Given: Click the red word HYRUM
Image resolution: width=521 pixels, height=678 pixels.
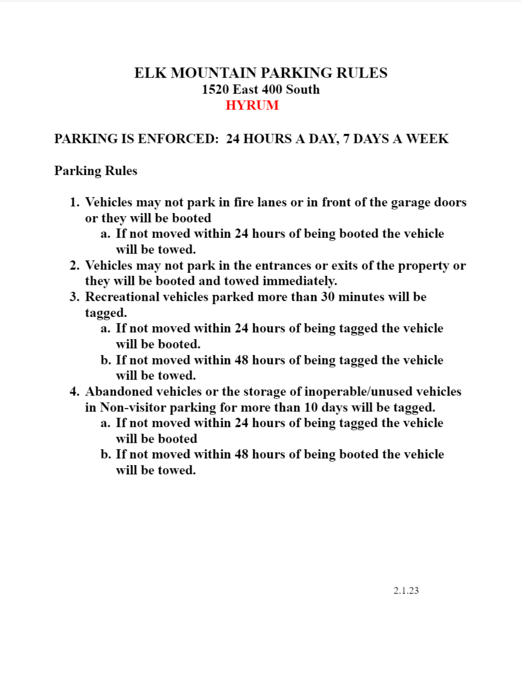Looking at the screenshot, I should click(252, 105).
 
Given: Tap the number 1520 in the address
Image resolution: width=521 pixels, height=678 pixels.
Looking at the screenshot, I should click(215, 90).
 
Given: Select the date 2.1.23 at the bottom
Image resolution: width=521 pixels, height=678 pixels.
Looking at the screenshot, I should click(406, 591).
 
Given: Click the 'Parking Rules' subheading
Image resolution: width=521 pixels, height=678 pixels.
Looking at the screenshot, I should click(96, 171).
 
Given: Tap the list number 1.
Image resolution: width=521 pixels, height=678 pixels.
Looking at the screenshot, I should click(75, 202).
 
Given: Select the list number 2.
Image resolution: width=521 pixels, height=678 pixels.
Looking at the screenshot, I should click(75, 265).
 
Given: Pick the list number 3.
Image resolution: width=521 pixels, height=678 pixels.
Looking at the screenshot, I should click(75, 297).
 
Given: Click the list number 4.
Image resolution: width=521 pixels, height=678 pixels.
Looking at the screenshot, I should click(75, 391).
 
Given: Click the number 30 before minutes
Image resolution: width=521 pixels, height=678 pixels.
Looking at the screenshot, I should click(328, 297).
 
